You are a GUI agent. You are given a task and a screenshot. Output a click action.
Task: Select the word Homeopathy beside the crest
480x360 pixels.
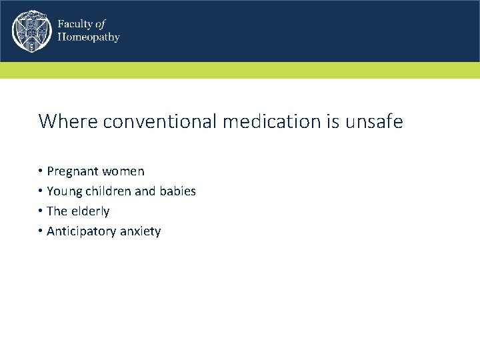(x=88, y=37)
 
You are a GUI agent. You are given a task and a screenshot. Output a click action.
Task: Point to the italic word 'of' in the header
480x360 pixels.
(x=101, y=24)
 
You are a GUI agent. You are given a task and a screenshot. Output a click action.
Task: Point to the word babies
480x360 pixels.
(x=177, y=191)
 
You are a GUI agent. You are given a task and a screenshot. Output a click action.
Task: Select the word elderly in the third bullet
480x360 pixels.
(x=89, y=211)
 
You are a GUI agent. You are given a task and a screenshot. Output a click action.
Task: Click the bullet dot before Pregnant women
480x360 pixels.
(x=41, y=171)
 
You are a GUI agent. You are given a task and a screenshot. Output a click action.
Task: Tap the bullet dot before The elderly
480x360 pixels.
(x=41, y=211)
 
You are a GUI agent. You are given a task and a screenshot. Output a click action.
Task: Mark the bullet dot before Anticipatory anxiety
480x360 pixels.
(x=41, y=231)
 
